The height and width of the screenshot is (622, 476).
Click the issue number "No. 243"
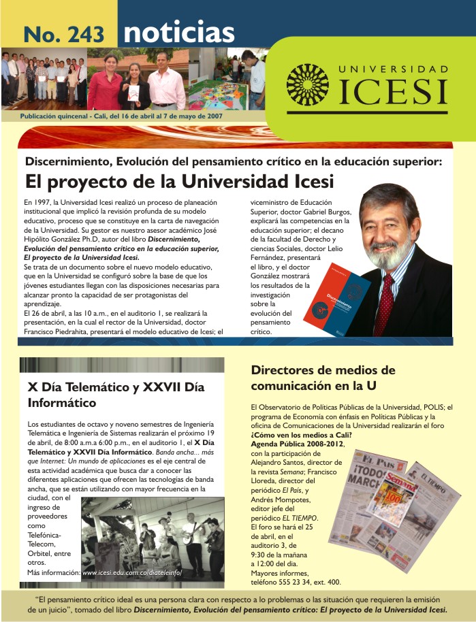point(64,33)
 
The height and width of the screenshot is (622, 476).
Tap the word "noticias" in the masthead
point(178,32)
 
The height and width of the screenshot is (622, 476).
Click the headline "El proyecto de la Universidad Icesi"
point(179,182)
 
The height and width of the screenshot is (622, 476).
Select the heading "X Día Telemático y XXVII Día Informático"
point(116,395)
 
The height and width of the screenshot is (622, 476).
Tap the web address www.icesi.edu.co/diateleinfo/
point(132,573)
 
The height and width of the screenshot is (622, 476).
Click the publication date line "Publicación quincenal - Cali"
point(121,116)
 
